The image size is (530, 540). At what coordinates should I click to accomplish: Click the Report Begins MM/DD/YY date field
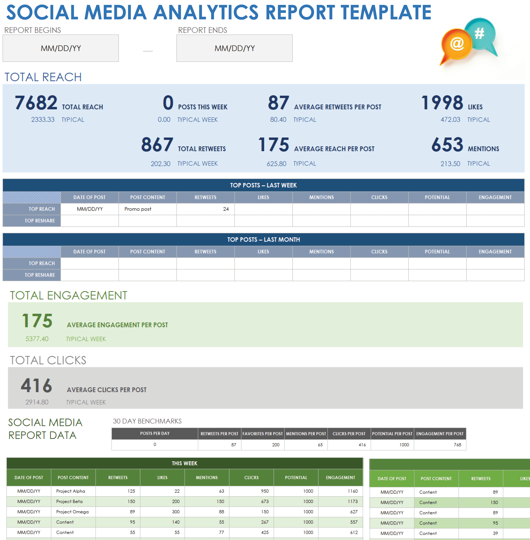tap(61, 48)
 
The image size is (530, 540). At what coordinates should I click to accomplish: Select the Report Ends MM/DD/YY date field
tap(234, 48)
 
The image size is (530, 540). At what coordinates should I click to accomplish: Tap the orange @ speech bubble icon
tap(456, 45)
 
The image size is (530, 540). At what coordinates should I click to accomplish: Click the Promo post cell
tap(138, 209)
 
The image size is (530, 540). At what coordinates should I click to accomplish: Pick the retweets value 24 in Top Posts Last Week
tap(226, 209)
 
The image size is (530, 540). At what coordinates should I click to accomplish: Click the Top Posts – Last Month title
tap(263, 240)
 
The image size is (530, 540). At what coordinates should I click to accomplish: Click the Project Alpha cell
tap(70, 491)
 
